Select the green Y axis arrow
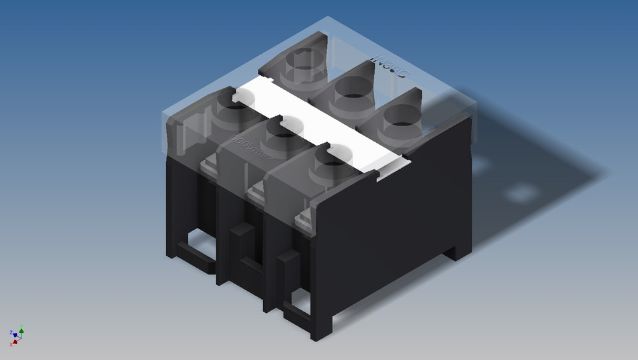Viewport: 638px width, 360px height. (x=21, y=328)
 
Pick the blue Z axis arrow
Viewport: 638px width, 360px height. (x=11, y=333)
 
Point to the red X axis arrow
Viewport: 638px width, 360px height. (x=13, y=343)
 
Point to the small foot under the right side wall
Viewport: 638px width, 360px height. (x=459, y=253)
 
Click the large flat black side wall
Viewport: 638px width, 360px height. (x=399, y=219)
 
